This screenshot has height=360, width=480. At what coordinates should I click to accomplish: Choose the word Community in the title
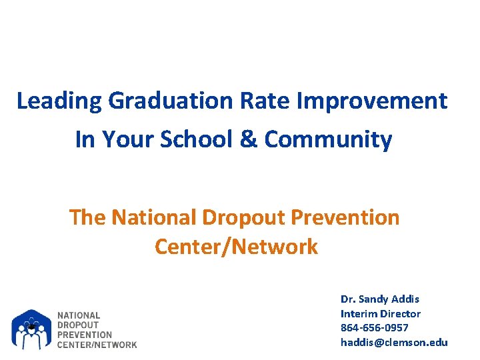pyautogui.click(x=328, y=139)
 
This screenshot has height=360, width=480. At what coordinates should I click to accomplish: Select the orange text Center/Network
pyautogui.click(x=236, y=247)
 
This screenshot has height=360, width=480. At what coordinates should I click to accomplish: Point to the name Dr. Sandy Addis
pyautogui.click(x=380, y=299)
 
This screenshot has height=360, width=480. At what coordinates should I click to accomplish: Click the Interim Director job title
pyautogui.click(x=381, y=313)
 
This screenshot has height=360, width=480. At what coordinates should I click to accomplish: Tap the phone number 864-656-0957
pyautogui.click(x=375, y=327)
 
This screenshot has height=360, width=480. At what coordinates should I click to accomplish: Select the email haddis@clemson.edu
pyautogui.click(x=394, y=342)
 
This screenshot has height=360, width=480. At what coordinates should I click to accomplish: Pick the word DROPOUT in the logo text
pyautogui.click(x=78, y=325)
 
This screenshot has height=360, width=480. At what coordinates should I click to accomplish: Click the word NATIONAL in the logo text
pyautogui.click(x=79, y=315)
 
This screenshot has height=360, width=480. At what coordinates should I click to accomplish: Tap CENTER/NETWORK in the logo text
pyautogui.click(x=97, y=344)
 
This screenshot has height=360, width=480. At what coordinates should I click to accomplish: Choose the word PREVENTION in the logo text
pyautogui.click(x=85, y=335)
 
